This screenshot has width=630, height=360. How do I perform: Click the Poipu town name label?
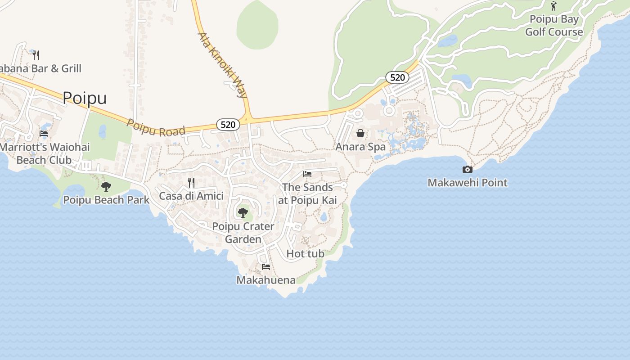coord(85,98)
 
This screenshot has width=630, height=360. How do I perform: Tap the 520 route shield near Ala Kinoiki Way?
coord(228,125)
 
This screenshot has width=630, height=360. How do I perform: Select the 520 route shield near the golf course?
coord(397,77)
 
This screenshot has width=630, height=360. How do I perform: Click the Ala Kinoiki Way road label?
coord(223,65)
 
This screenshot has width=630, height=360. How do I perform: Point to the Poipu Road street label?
coord(156,128)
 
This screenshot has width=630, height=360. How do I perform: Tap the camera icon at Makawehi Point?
coord(468,169)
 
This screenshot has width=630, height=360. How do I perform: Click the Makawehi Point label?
coord(468,183)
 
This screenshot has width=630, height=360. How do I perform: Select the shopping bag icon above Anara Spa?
coord(360,133)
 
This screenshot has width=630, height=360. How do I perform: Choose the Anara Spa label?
coord(360,147)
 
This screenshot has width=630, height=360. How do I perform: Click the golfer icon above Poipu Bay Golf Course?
coord(553,6)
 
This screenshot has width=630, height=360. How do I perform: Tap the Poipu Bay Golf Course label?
coord(554,26)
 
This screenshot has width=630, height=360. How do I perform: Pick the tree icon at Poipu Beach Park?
coord(106,186)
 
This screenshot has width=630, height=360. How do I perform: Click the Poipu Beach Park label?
coord(106,200)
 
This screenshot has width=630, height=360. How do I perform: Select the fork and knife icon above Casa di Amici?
coord(191,182)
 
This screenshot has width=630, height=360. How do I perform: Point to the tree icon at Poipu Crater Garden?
coord(243,212)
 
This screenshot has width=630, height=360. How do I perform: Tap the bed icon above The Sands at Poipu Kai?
coord(307,174)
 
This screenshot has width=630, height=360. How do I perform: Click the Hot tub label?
coord(305,254)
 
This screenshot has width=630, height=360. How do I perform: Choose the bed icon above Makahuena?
coord(266,266)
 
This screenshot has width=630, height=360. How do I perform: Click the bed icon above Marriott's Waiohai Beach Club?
coord(44,133)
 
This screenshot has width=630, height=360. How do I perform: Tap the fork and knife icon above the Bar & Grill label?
coord(36,55)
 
